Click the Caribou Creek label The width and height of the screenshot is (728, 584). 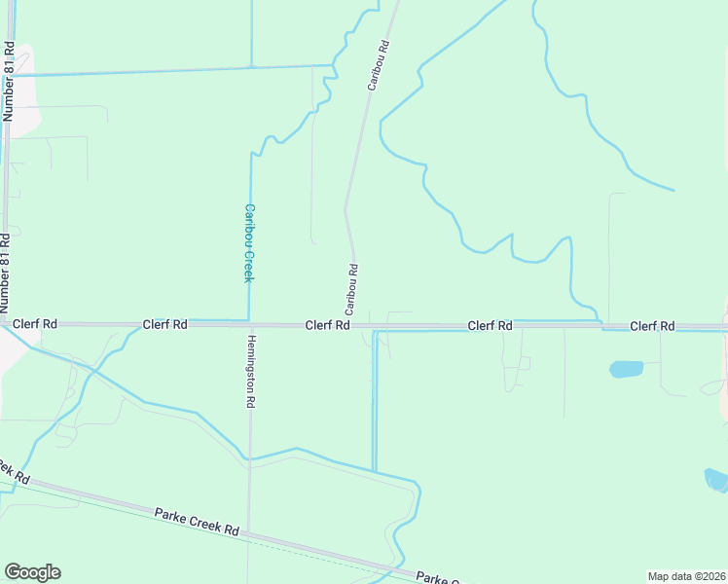(x=248, y=242)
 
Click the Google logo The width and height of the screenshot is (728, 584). (x=32, y=572)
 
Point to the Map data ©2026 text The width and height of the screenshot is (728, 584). (x=685, y=576)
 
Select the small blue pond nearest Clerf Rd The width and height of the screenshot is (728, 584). (x=626, y=369)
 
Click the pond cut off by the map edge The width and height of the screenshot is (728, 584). (x=716, y=479)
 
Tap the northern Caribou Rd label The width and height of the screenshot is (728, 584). (x=378, y=65)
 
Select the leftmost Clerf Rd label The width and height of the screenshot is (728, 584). (x=35, y=323)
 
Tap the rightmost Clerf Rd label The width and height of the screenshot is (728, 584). (x=652, y=325)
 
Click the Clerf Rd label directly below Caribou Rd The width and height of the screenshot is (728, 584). (x=327, y=325)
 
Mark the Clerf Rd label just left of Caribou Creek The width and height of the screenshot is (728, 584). (x=164, y=324)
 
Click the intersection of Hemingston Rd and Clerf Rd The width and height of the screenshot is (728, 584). (x=250, y=324)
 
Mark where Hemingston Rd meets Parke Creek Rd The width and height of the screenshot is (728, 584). (x=247, y=532)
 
